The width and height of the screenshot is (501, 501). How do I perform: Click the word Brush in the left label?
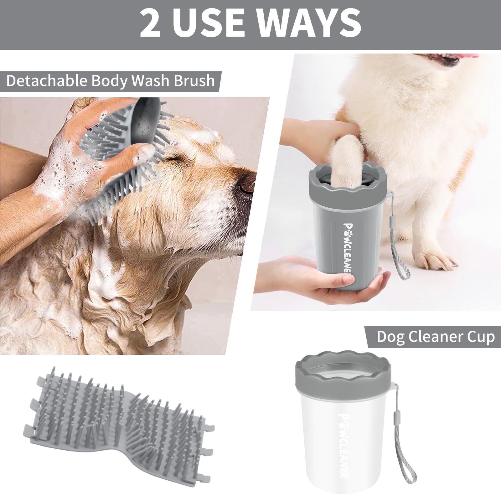point(194,81)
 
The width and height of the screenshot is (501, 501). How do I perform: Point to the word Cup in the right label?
point(481,337)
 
